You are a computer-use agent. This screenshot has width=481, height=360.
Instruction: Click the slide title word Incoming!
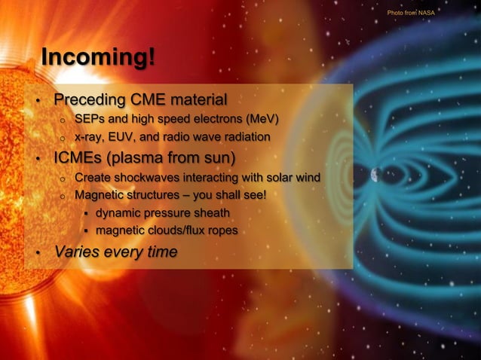pyautogui.click(x=98, y=58)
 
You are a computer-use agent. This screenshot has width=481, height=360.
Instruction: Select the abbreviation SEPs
pyautogui.click(x=90, y=119)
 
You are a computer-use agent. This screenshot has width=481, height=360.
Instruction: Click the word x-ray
pyautogui.click(x=90, y=138)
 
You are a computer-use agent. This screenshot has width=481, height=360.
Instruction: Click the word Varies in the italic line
pyautogui.click(x=75, y=252)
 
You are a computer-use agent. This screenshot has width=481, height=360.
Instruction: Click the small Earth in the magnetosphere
pyautogui.click(x=375, y=175)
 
